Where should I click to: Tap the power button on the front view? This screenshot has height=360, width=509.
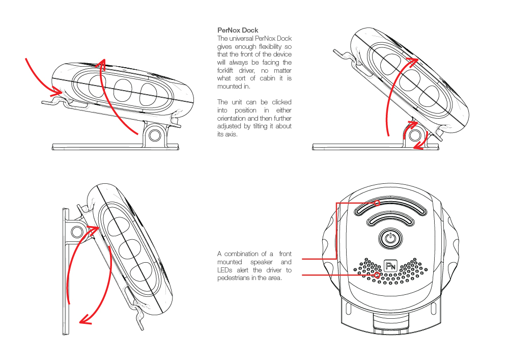click(x=390, y=238)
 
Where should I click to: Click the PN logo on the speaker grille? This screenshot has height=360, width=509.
click(x=390, y=266)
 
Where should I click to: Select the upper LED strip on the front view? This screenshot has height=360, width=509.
click(x=390, y=208)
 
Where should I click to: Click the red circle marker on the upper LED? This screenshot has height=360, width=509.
click(x=377, y=203)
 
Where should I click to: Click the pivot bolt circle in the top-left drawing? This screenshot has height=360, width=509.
click(x=155, y=134)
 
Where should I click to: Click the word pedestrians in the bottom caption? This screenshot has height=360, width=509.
click(x=235, y=278)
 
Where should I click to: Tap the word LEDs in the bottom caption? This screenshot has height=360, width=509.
click(x=224, y=270)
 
